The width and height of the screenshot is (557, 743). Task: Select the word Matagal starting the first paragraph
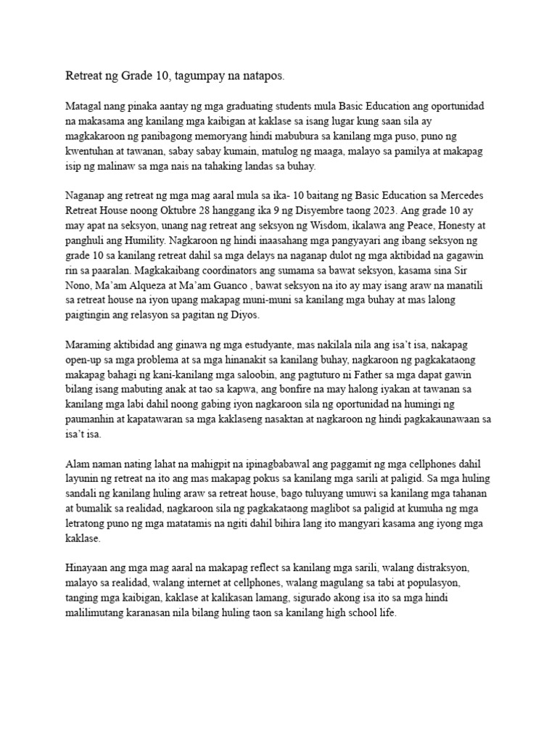tap(86, 106)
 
